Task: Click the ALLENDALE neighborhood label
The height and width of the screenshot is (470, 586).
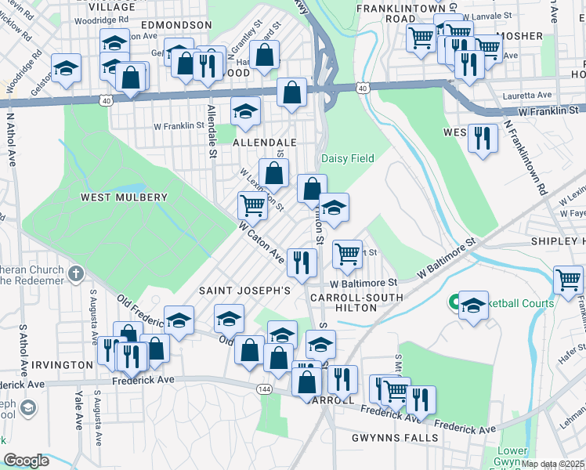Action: point(265,143)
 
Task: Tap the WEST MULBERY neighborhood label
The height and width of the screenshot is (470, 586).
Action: point(124,197)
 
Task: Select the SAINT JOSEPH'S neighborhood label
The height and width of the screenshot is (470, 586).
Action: point(244,291)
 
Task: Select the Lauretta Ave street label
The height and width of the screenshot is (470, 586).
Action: point(528,95)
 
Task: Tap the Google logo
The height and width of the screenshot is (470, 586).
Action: point(26,461)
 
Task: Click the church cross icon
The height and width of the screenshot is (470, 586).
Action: point(75,274)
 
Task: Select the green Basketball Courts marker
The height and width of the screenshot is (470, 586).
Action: point(454,302)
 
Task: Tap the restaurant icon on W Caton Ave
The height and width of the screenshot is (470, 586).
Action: point(302,261)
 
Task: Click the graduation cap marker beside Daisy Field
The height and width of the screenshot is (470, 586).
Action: point(334,208)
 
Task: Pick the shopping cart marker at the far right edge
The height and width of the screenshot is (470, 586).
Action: point(568,279)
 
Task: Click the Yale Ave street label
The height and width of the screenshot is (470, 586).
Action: point(79,410)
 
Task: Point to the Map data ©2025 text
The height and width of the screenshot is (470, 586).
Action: point(552,464)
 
